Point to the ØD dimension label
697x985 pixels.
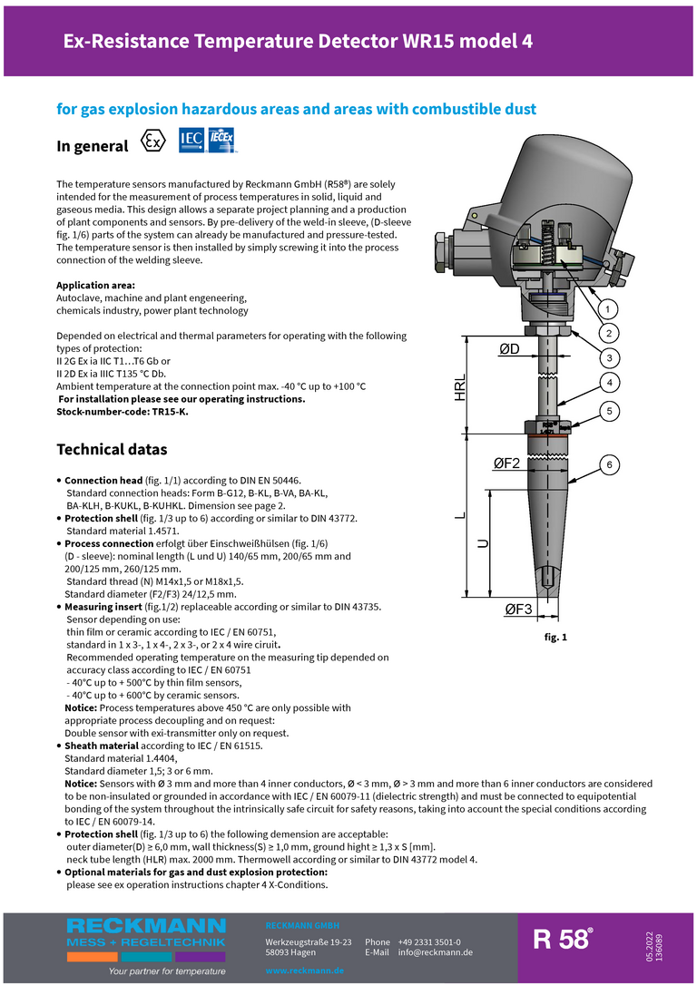pos(515,350)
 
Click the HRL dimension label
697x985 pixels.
pos(461,387)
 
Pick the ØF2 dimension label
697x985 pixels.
pos(506,463)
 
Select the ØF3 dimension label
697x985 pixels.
pos(519,610)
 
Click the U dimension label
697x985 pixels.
pos(483,543)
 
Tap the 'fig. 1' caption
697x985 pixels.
pos(555,638)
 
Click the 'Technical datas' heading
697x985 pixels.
pos(112,449)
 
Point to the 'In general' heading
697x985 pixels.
pos(93,146)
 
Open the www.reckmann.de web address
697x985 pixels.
pos(304,971)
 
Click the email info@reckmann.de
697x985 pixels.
pos(436,952)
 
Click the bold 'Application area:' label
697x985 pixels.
pos(96,286)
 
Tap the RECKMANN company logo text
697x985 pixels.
pos(145,926)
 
